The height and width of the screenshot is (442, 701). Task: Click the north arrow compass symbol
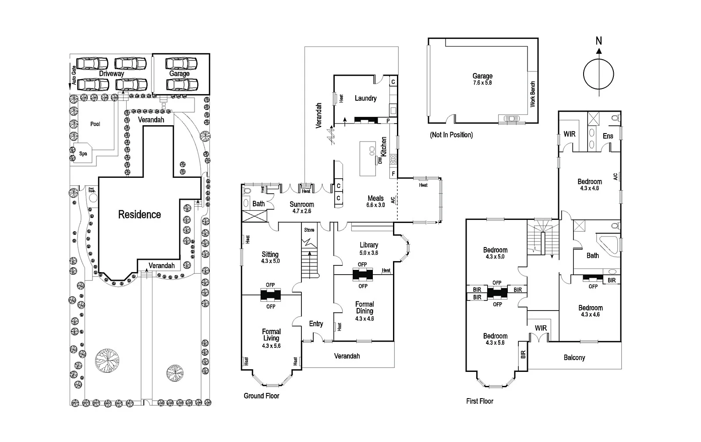click(598, 73)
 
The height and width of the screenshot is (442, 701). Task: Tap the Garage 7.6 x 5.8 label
click(482, 79)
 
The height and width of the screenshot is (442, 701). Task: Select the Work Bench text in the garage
click(533, 94)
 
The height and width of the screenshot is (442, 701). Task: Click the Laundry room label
click(365, 98)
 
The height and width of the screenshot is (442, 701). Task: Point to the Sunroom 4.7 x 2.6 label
click(301, 207)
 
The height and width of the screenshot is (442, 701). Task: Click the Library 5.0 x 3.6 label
click(368, 248)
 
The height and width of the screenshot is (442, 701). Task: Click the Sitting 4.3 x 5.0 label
click(270, 257)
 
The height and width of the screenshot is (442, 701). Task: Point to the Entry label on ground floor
click(316, 324)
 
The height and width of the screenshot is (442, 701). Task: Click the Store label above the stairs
click(309, 230)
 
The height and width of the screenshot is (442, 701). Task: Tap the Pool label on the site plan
click(95, 124)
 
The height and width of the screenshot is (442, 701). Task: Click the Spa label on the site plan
click(83, 154)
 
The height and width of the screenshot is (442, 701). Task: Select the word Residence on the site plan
click(139, 214)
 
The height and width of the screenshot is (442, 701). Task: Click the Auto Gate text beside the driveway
click(74, 75)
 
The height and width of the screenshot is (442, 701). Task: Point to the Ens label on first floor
click(608, 136)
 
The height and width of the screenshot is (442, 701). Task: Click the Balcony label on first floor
click(574, 357)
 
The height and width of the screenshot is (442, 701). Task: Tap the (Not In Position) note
click(451, 135)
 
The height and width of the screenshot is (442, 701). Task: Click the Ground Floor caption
click(261, 396)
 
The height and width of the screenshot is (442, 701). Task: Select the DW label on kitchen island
click(380, 160)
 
